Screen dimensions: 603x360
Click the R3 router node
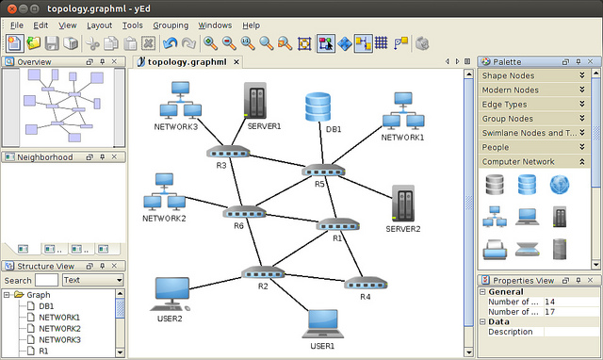click(228, 152)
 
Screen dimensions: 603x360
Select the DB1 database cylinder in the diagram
click(318, 106)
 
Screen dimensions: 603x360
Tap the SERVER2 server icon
click(403, 203)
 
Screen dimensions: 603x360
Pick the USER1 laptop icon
click(323, 324)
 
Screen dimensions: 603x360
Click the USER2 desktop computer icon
click(171, 294)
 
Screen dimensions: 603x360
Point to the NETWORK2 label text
click(164, 219)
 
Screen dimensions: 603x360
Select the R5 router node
click(323, 171)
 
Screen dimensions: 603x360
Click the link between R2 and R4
click(315, 278)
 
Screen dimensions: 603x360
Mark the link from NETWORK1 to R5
click(356, 145)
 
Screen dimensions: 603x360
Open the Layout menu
click(99, 25)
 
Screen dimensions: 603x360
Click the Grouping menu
click(171, 25)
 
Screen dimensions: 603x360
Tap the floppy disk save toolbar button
click(52, 43)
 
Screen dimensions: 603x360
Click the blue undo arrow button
click(170, 43)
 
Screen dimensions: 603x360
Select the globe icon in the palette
click(559, 185)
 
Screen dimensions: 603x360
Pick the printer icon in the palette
click(495, 249)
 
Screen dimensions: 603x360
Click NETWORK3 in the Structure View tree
click(59, 339)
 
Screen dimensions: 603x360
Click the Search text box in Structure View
click(46, 280)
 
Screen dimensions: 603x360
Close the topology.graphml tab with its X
click(236, 61)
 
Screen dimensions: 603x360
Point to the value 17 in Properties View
click(550, 312)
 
